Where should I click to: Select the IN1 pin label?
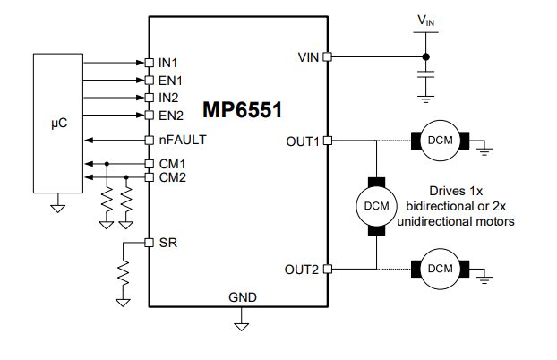coord(168,63)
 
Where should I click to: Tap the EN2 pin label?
coord(170,115)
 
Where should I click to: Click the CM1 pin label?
coord(171,164)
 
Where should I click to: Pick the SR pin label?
coord(166,243)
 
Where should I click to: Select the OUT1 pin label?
coord(302,141)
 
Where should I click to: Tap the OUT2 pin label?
coord(302,269)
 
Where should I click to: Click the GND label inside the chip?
coord(241,296)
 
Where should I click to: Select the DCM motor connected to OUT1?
coord(440,141)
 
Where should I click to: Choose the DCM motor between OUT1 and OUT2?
coord(376,205)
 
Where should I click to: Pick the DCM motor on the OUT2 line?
coord(440,269)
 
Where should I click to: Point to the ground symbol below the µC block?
coord(57,208)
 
